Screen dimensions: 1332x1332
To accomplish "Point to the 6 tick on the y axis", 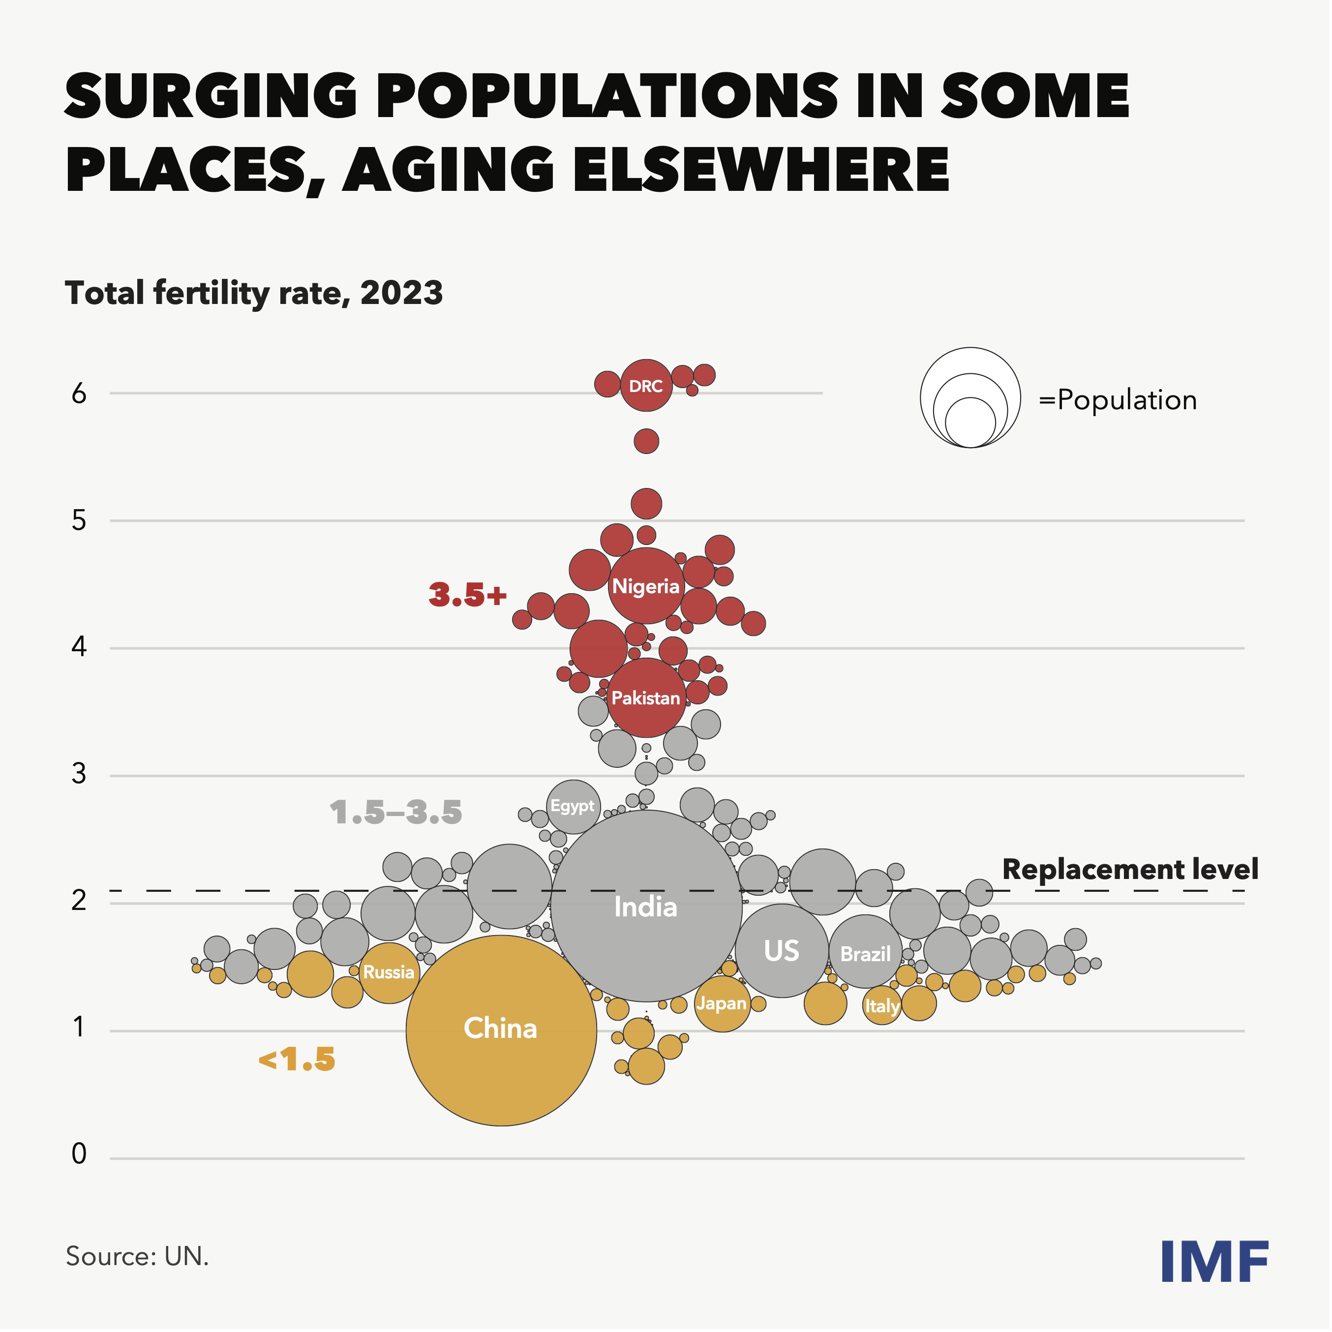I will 79,394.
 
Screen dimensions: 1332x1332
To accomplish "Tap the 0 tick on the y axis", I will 79,1154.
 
